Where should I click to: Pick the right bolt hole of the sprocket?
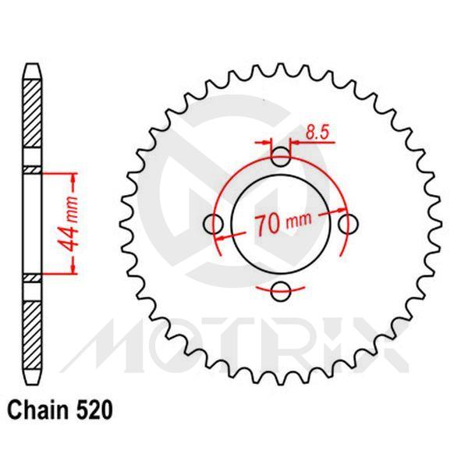[350, 224]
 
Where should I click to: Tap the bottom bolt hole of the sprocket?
[281, 292]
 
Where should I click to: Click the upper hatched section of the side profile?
[30, 121]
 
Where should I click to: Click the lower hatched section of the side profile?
[30, 328]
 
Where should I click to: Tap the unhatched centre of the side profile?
[30, 224]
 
